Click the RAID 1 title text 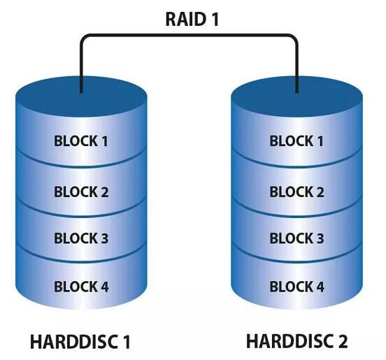pos(192,19)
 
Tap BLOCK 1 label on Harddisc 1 pos(81,141)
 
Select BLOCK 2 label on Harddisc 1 pos(81,191)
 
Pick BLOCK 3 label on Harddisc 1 pos(81,238)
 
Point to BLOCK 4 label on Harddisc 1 pos(81,287)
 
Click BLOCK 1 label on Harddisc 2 pos(296,141)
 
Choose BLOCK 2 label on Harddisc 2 pos(296,191)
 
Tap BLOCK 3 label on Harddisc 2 pos(296,238)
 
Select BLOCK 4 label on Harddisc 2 pos(296,287)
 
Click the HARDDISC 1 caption pos(80,343)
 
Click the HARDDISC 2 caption pos(296,342)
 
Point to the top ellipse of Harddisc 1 pos(81,98)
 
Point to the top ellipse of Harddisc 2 pos(297,98)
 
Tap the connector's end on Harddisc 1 pos(81,92)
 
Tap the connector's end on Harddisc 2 pos(297,92)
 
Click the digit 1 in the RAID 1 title pos(214,19)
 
